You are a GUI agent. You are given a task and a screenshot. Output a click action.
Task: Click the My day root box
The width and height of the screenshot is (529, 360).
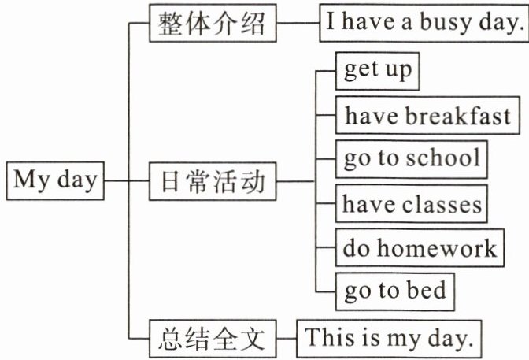coord(55,181)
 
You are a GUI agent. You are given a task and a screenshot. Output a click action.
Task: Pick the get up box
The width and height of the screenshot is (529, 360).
coord(377,71)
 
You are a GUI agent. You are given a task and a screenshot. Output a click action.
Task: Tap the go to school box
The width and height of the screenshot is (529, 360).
coord(412,159)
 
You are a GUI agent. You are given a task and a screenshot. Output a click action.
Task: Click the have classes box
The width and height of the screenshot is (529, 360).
coord(412,205)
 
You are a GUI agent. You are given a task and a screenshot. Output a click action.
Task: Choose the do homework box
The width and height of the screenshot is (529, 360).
coord(420,248)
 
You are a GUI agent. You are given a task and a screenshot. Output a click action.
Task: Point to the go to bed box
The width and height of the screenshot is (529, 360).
coord(395,291)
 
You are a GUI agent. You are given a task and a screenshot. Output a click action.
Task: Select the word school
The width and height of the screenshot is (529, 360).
coord(442,159)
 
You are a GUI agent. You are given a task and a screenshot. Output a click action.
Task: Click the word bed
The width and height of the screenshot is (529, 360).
coord(426,291)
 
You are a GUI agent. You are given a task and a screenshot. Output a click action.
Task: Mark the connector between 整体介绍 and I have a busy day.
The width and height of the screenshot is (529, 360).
coord(298,25)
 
